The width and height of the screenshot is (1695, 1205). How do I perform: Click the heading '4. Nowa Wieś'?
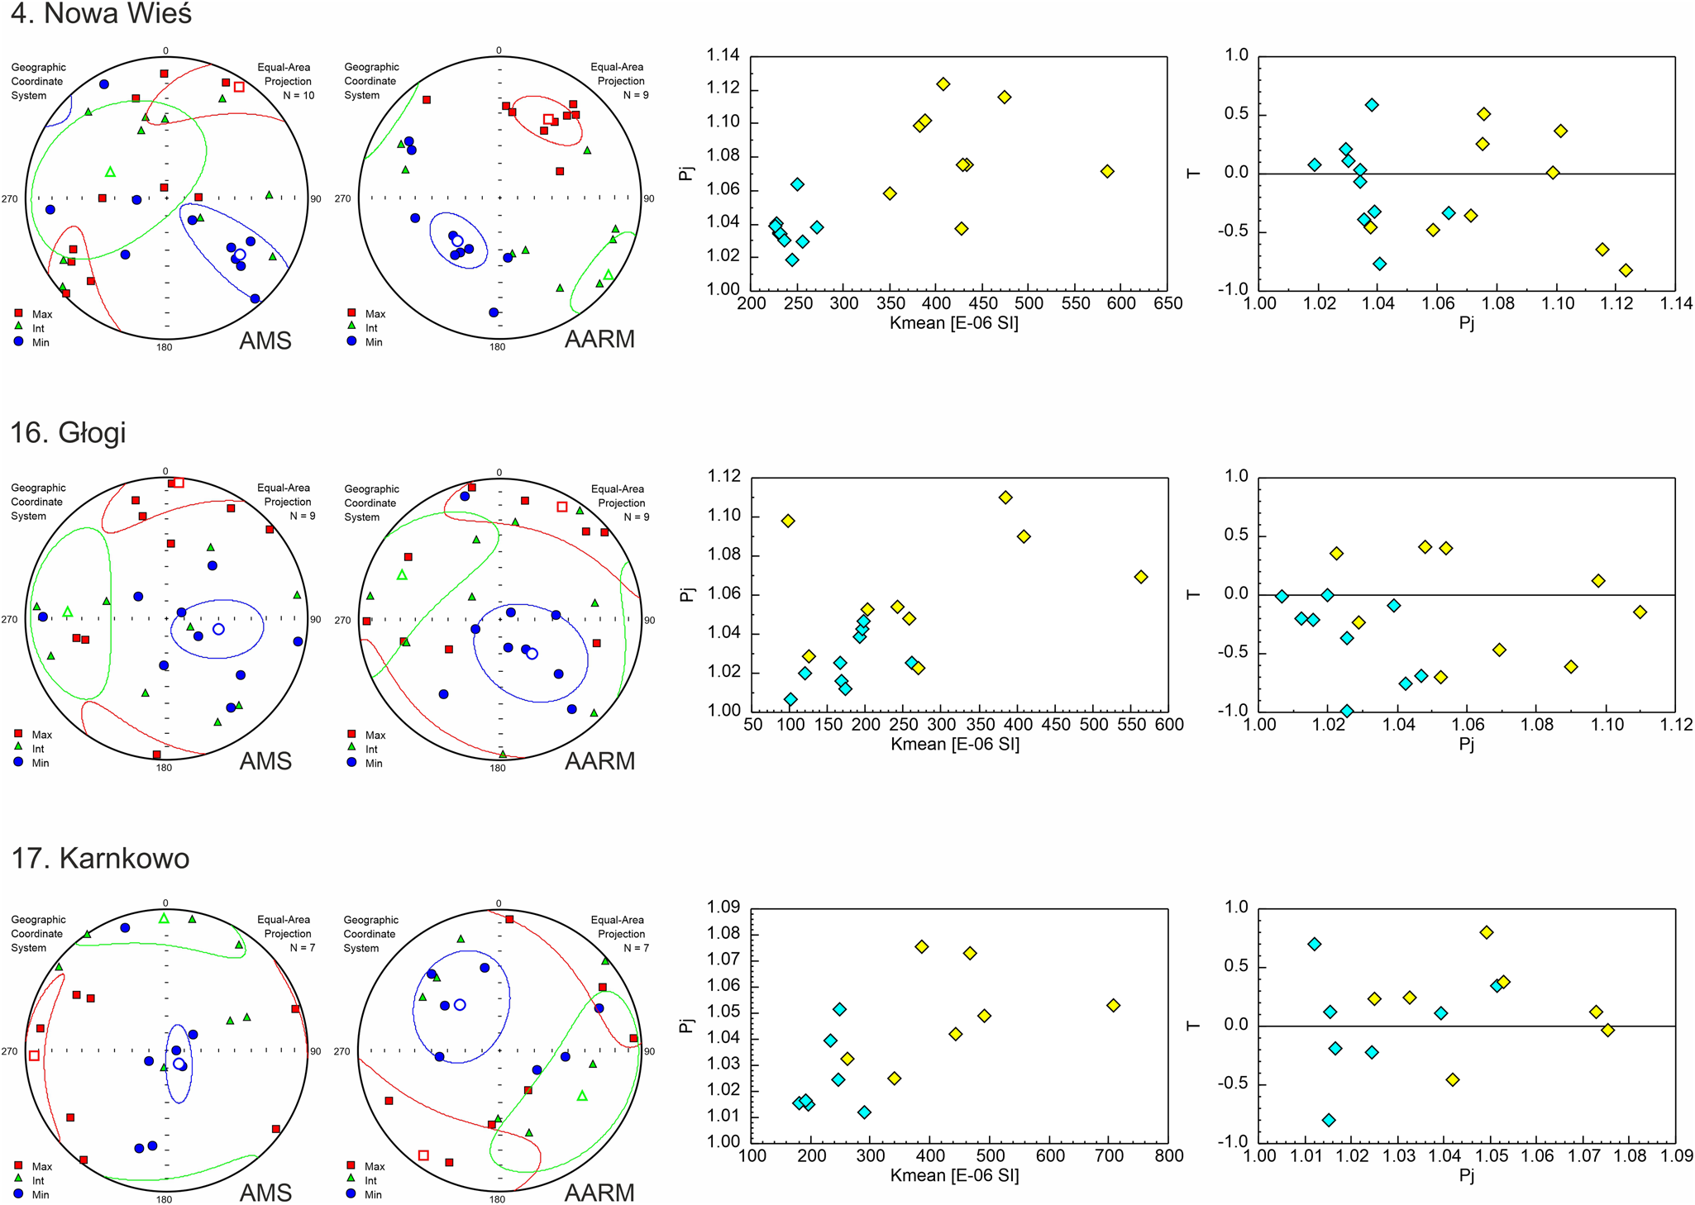(x=101, y=14)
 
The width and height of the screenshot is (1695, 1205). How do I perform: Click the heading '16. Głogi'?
(x=68, y=432)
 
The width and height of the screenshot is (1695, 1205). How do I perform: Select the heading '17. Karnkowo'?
(x=100, y=858)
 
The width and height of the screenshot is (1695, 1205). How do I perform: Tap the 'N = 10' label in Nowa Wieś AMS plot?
(x=298, y=95)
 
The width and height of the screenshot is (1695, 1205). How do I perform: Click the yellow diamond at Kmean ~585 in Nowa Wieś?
(x=1107, y=171)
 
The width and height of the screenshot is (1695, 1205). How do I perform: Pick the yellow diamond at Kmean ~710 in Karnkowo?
(x=1113, y=1005)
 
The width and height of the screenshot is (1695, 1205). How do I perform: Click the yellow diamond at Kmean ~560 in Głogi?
(x=1141, y=577)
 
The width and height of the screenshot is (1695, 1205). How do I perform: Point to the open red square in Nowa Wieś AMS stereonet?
(x=239, y=87)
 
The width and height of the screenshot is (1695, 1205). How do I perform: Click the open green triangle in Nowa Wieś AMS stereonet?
(x=111, y=172)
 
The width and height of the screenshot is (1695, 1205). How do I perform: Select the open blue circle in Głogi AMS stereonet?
(x=218, y=629)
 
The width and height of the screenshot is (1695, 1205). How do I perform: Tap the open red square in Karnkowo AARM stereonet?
(x=423, y=1155)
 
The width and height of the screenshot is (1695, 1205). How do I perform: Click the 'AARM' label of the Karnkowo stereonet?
(x=599, y=1193)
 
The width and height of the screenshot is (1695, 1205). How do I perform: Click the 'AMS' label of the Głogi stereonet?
(x=265, y=761)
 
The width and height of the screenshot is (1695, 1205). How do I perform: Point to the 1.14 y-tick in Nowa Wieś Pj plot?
(x=723, y=55)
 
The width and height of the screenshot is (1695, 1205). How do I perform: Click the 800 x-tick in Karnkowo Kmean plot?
(x=1168, y=1155)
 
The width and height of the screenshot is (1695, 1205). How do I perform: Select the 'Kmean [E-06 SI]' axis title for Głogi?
(x=954, y=744)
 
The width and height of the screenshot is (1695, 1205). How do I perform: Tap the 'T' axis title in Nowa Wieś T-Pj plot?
(x=1193, y=173)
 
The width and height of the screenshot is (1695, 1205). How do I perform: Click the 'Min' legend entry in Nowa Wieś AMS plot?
(x=41, y=342)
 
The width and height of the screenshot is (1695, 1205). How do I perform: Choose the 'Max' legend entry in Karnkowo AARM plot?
(x=375, y=1166)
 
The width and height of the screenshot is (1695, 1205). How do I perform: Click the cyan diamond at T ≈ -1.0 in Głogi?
(x=1346, y=711)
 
